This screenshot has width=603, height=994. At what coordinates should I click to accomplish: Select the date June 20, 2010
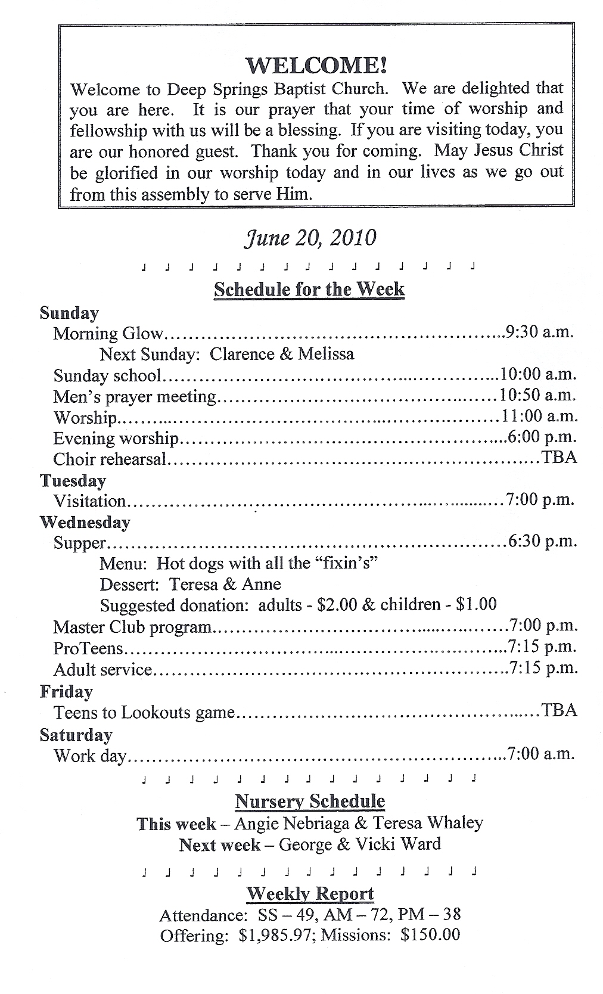coord(310,238)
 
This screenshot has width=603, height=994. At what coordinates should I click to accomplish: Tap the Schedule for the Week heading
coord(309,290)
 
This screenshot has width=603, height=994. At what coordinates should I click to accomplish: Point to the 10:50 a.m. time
coord(537,395)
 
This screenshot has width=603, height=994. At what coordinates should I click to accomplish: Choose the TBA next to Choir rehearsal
coord(559,458)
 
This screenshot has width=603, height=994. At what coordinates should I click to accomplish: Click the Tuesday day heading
coord(73,480)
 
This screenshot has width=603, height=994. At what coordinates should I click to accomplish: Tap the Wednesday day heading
coord(85,522)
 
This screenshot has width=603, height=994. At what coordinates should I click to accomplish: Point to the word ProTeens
coord(88,648)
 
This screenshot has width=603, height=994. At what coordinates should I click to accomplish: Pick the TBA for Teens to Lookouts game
coord(559,710)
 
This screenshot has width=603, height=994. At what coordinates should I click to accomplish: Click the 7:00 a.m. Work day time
coord(540,754)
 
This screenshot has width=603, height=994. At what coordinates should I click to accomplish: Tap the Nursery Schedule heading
coord(310,802)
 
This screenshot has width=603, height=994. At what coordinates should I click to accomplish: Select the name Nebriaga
coord(315,824)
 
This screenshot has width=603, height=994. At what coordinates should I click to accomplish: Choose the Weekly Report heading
coord(310,894)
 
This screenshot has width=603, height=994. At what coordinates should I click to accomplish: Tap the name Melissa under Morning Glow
coord(326,354)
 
